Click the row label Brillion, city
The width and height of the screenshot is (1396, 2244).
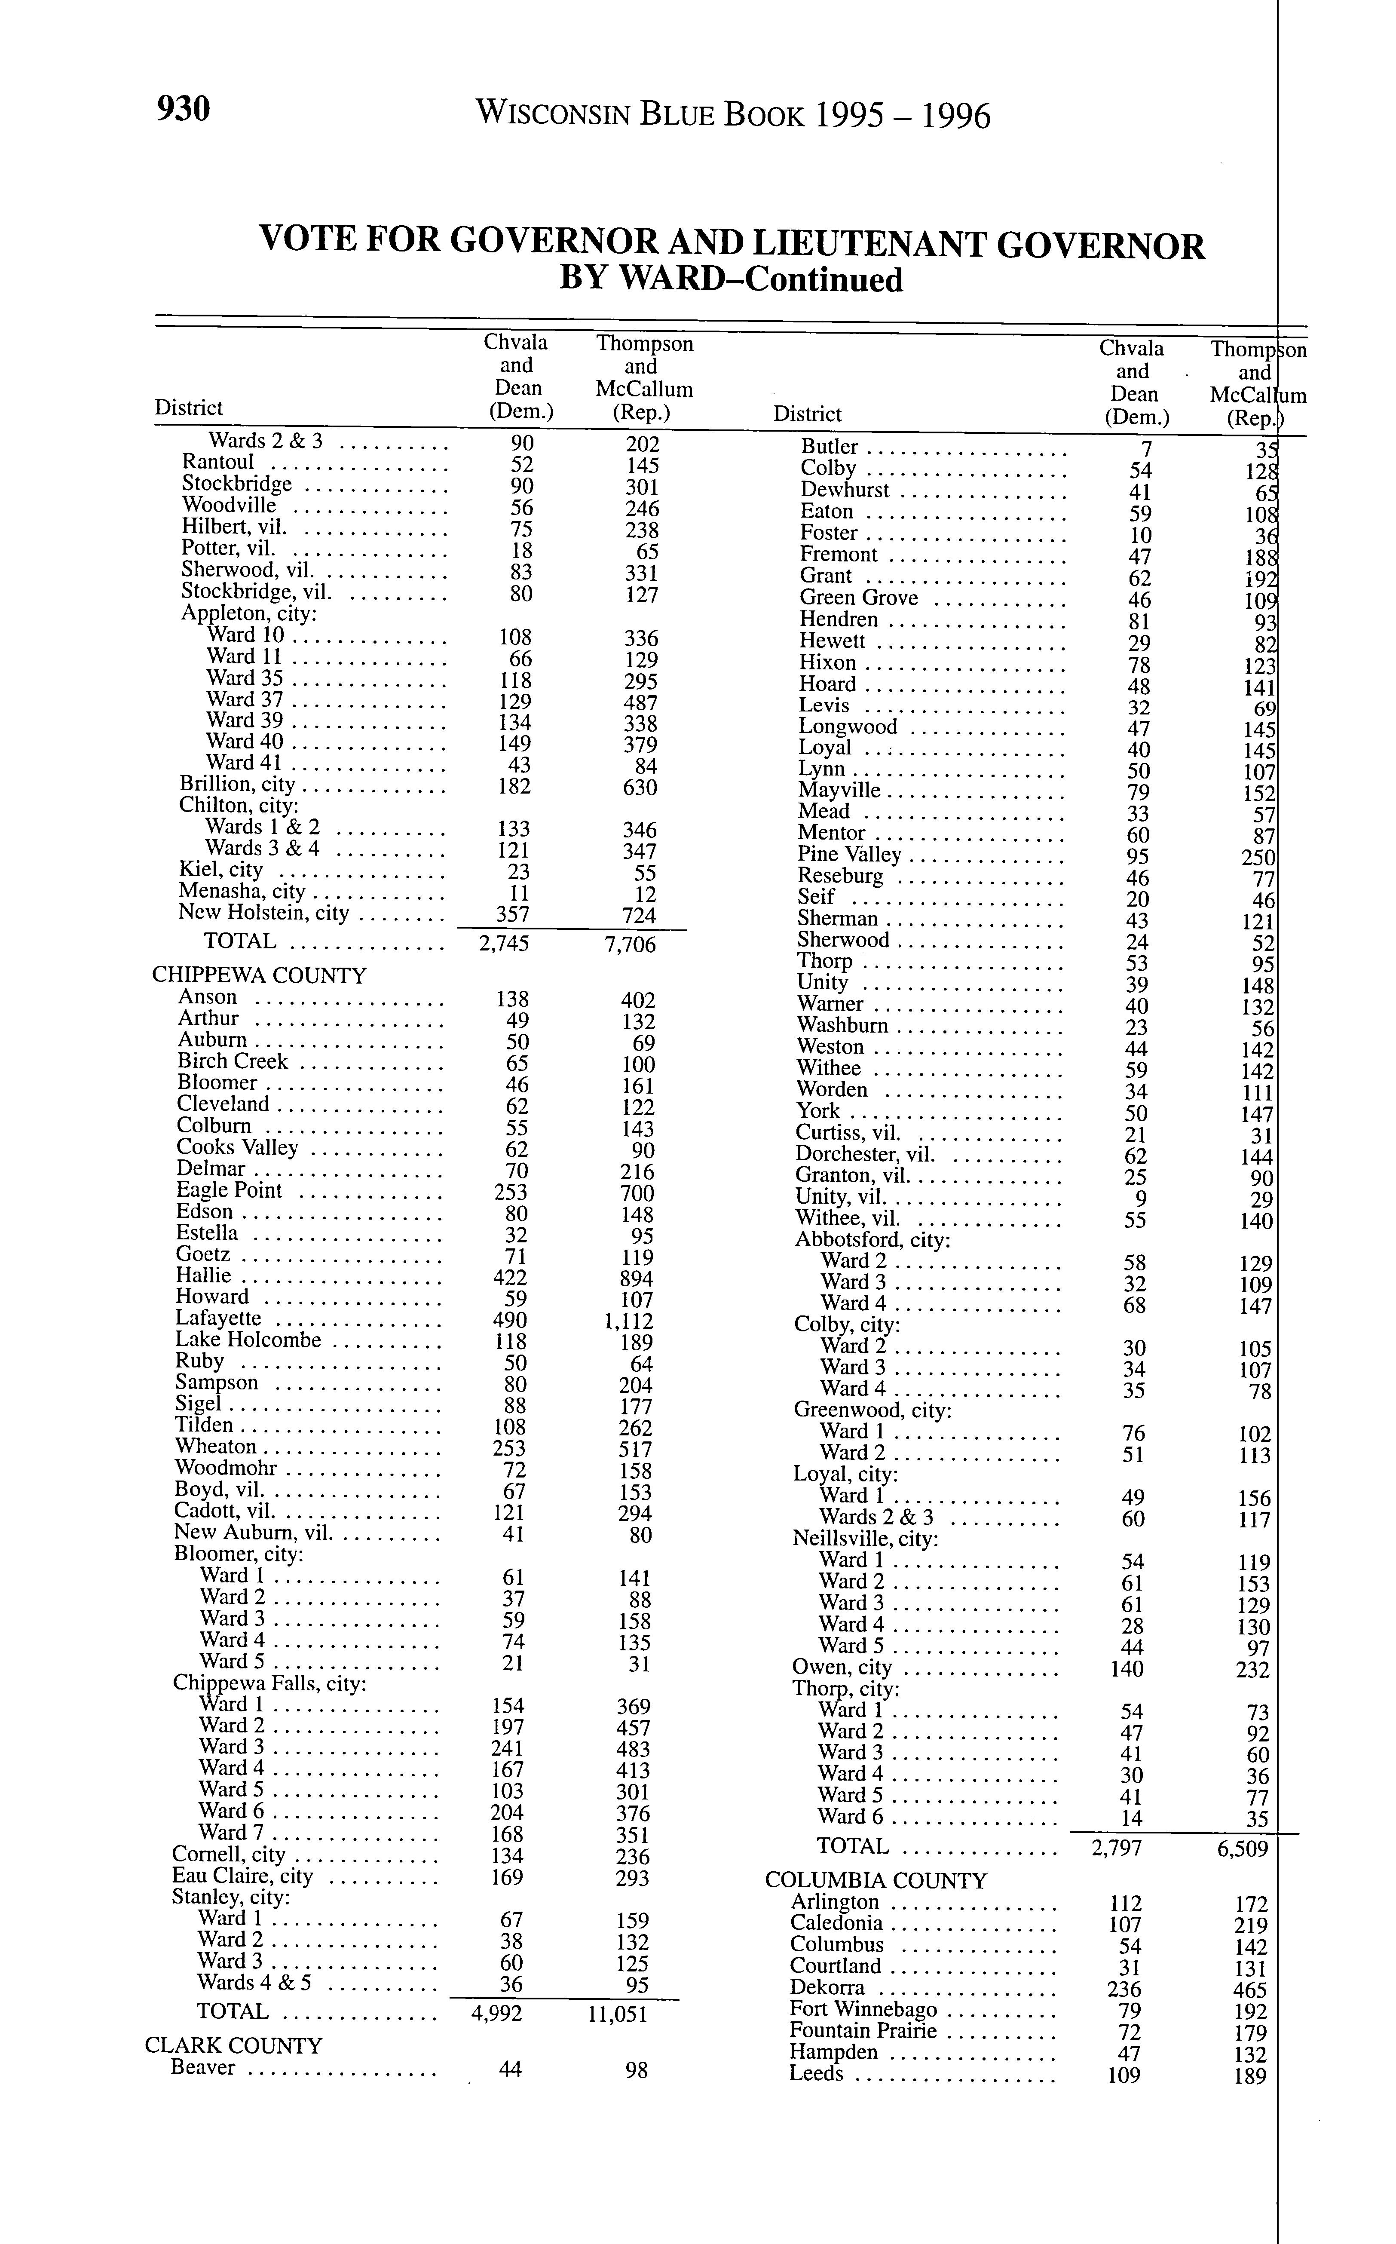[237, 785]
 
